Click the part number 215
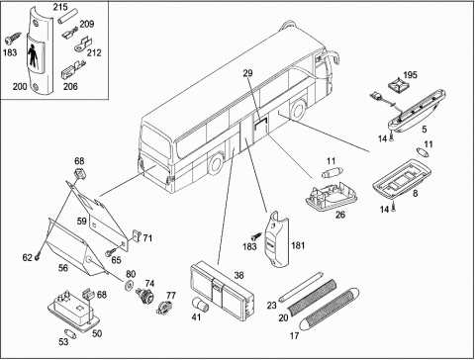tap(60, 7)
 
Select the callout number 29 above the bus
tap(247, 73)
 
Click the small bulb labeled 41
tap(200, 305)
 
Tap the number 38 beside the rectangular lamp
tap(238, 275)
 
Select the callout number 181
tap(298, 245)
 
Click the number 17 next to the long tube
tap(294, 336)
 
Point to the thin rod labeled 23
tap(300, 286)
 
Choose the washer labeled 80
tap(129, 286)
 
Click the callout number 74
tap(149, 284)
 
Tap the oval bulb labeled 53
tap(71, 334)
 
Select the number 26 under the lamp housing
tap(340, 215)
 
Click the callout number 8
tap(415, 194)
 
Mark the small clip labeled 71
tap(137, 235)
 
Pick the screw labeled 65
tap(110, 252)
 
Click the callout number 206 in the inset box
tap(70, 87)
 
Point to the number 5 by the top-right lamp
tap(425, 130)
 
